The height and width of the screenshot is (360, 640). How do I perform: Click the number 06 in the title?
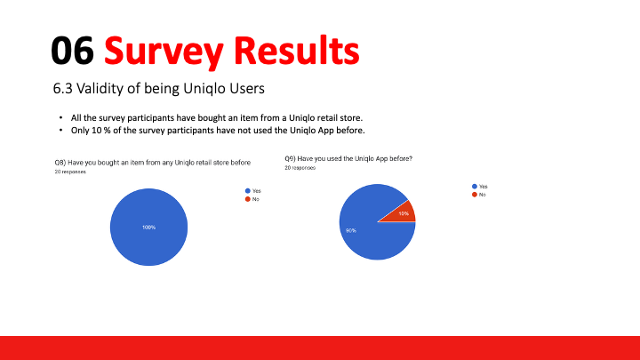coord(72,50)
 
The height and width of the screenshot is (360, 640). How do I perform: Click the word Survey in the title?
coord(164,52)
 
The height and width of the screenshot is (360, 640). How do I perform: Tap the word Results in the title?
coord(296,50)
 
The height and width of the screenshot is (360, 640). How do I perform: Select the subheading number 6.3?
coord(62,88)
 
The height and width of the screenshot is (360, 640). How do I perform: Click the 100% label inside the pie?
coord(148,228)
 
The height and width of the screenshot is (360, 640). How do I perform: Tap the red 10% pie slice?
coord(401,212)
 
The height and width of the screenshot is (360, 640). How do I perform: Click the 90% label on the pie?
coord(351,230)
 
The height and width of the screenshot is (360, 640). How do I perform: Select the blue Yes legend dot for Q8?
coord(248,190)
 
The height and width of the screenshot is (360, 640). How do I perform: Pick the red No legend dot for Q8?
coord(248,199)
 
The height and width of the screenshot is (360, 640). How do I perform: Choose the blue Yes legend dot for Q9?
coord(475,186)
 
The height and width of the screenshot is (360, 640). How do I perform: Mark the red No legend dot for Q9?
coord(475,195)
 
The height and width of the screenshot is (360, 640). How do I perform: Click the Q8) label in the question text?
coord(60,163)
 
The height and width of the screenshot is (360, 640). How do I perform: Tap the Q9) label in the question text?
coord(290,158)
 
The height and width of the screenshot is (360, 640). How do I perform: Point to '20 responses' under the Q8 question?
coord(70,172)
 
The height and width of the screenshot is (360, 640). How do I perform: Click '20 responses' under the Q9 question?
coord(300,168)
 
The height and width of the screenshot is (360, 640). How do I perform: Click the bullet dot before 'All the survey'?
coord(60,118)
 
